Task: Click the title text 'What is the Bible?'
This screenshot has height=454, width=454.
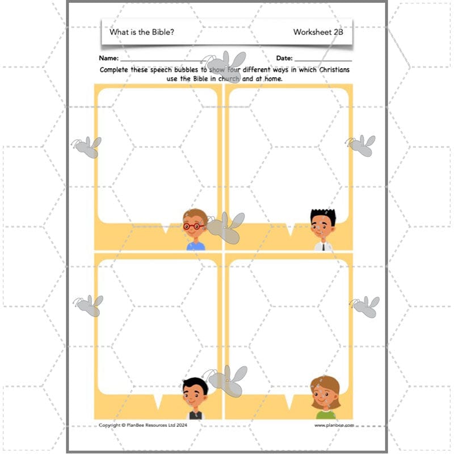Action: pos(141,32)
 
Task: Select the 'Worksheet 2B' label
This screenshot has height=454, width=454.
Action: pos(318,32)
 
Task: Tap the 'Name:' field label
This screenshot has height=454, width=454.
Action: pos(109,58)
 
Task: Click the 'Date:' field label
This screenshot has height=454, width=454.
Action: pos(284,58)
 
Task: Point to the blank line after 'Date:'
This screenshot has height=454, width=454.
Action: pos(323,60)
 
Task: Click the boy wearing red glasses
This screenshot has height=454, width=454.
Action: pos(195,230)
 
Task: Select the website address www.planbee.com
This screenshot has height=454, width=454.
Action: pos(334,424)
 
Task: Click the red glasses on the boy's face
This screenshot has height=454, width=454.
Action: pos(194,226)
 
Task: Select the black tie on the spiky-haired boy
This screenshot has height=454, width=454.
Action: pos(322,247)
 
